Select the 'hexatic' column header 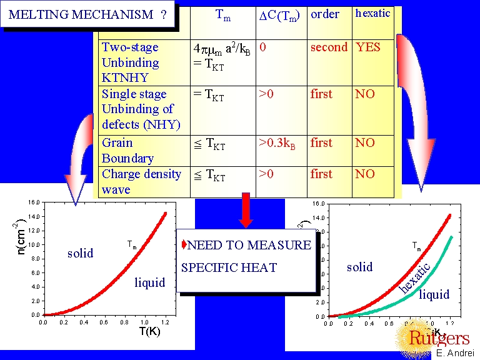(x=372, y=13)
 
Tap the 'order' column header (x=324, y=14)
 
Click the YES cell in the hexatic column (x=367, y=47)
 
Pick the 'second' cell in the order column (x=329, y=47)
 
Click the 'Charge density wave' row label (x=141, y=181)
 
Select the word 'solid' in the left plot (x=80, y=253)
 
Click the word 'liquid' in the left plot (x=150, y=282)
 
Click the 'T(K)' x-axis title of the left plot (x=150, y=331)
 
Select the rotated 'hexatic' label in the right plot (x=415, y=277)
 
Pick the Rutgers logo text (x=439, y=338)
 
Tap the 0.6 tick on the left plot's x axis (x=104, y=322)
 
